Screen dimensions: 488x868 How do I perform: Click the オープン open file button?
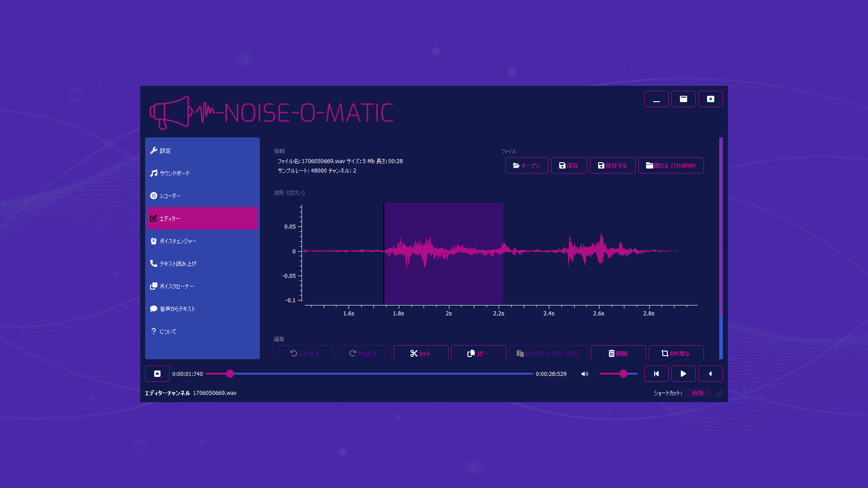click(x=526, y=166)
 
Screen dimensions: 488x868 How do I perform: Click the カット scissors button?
click(x=420, y=353)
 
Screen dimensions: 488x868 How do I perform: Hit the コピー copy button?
click(x=478, y=353)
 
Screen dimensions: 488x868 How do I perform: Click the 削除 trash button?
click(x=618, y=353)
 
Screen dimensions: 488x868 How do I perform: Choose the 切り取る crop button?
click(x=676, y=353)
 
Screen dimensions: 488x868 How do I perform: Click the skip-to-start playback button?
click(x=656, y=374)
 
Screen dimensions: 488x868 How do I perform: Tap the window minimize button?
click(x=656, y=99)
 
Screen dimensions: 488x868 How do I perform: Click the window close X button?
click(x=710, y=99)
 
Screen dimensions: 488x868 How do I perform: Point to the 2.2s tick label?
click(x=499, y=314)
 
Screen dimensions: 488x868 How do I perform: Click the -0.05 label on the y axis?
click(x=288, y=276)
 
